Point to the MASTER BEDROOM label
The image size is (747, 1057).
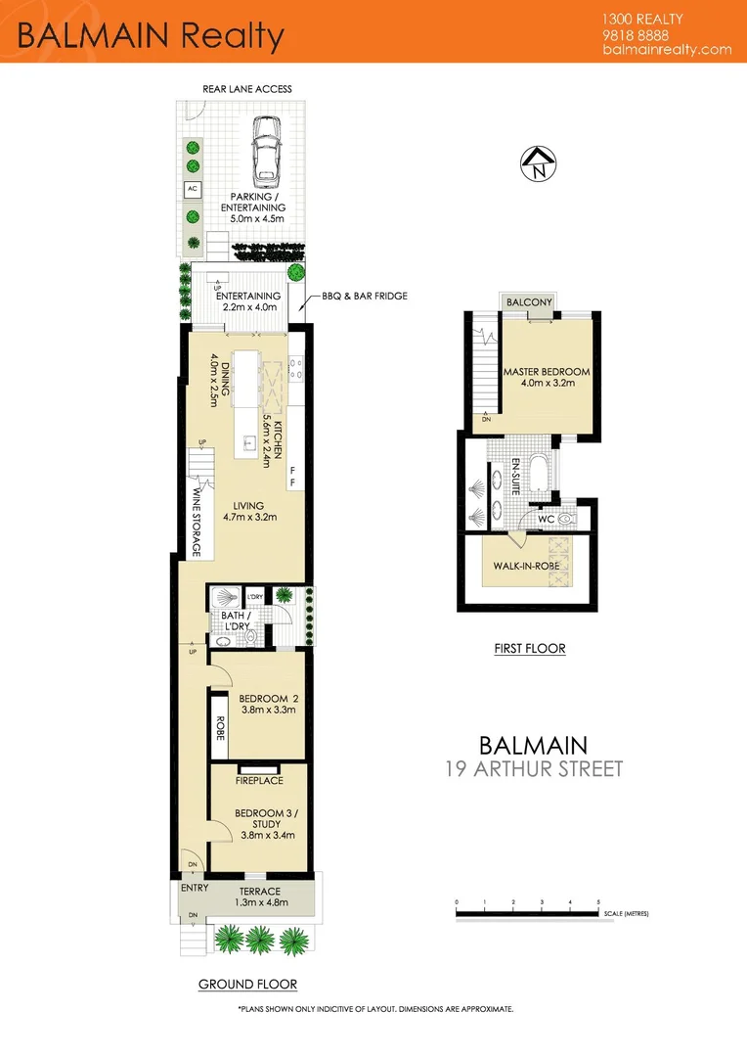547,372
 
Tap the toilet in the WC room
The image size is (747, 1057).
564,519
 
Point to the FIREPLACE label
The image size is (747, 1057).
259,780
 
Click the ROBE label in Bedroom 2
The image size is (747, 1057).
220,729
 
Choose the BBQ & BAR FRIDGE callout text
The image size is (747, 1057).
365,296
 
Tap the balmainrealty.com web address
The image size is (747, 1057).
668,49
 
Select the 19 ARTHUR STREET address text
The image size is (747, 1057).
534,768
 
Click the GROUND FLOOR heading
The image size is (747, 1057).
247,985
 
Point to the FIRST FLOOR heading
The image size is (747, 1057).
529,648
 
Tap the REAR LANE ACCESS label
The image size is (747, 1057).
247,89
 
